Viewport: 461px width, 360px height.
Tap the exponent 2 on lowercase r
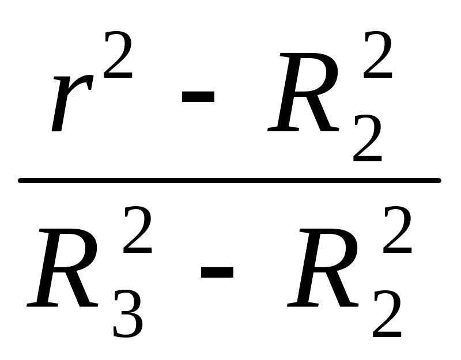[x=118, y=55]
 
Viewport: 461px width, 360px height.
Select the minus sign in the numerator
[x=198, y=97]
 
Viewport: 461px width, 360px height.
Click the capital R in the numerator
[x=303, y=92]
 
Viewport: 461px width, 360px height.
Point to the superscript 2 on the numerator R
[x=378, y=55]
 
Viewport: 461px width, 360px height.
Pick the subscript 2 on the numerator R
[x=368, y=138]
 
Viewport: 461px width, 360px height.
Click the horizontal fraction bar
[x=229, y=180]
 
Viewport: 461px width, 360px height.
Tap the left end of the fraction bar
[x=18, y=180]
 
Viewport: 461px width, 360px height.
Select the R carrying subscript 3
[x=62, y=268]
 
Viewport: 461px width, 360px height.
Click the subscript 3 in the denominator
[x=129, y=314]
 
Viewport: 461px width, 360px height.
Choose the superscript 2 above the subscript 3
[x=138, y=229]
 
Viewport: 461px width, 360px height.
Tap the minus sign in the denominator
[x=217, y=272]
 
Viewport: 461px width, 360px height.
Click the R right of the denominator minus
[x=323, y=268]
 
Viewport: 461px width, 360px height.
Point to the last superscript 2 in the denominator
[x=398, y=229]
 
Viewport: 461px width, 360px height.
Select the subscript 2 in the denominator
[x=387, y=314]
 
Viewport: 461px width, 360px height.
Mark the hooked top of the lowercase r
[x=84, y=81]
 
